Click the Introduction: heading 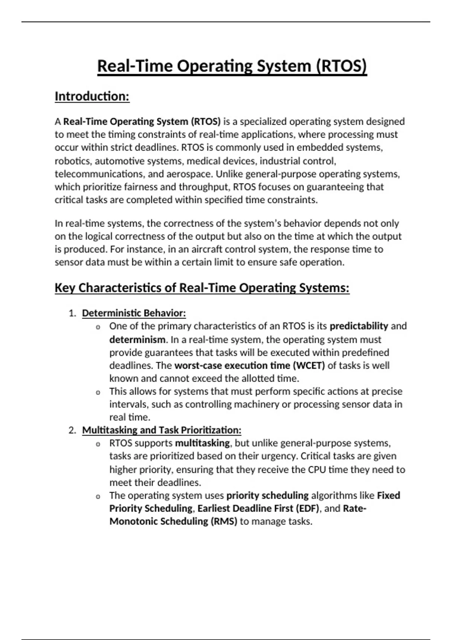92,96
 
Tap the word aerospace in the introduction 189,174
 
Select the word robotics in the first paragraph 73,161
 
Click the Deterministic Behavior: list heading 134,313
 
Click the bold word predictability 359,326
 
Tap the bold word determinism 137,340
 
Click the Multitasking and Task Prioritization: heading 162,430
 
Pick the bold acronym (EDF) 307,509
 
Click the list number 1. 72,313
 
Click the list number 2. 72,430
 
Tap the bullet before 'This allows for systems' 98,393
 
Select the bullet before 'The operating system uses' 98,497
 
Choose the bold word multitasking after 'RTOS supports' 202,443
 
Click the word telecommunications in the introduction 99,174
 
